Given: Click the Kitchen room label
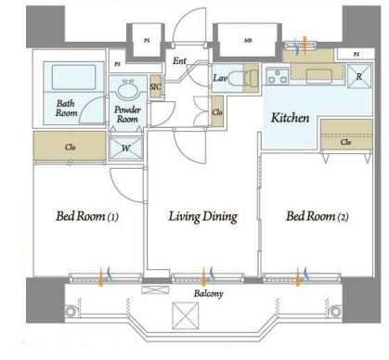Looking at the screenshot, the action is click(290, 118).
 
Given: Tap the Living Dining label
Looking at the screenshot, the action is click(203, 216).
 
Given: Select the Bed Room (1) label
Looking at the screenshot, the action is click(87, 216).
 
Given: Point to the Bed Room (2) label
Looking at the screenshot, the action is click(318, 216).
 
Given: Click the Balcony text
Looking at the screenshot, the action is click(208, 293).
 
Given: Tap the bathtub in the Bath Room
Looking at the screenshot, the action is click(73, 77).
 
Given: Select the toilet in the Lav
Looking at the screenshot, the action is click(243, 77).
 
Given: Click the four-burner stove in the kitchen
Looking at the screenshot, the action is click(278, 76).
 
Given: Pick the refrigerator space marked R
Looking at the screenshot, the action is click(359, 76).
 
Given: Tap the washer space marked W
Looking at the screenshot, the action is click(125, 148).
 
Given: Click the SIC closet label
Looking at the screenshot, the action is click(156, 86).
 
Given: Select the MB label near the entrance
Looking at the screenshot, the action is click(248, 40).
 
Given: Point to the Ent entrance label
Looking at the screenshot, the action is click(179, 61).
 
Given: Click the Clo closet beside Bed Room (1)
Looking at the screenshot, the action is click(70, 146).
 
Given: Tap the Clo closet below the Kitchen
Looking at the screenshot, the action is click(346, 135).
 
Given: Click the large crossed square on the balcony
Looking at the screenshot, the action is click(185, 315).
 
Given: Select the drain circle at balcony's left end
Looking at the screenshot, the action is click(71, 311).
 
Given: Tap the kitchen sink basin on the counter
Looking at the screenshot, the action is click(319, 76).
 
